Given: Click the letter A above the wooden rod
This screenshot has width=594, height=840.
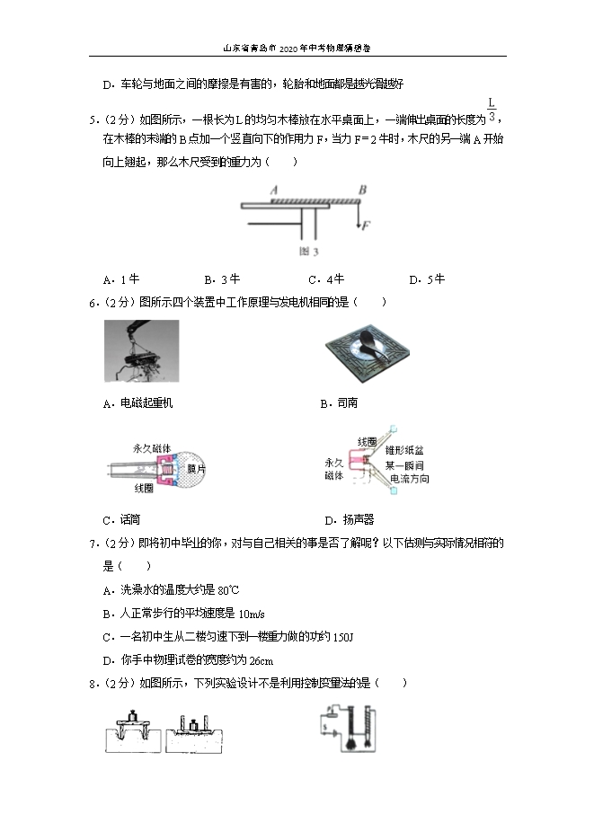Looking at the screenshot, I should pos(272,190).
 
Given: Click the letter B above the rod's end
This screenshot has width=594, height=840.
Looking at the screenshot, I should pos(361,190).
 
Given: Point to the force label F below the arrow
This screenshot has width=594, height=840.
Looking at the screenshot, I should pos(366,225).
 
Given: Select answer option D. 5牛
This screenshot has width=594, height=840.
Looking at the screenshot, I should pos(427,279).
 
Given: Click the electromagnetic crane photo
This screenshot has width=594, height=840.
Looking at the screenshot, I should pos(141,353).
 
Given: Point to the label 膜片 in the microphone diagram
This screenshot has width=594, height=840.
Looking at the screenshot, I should pos(196,469).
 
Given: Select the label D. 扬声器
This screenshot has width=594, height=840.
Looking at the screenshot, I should pos(349,519).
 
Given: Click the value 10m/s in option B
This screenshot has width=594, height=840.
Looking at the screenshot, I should pos(250,613).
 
